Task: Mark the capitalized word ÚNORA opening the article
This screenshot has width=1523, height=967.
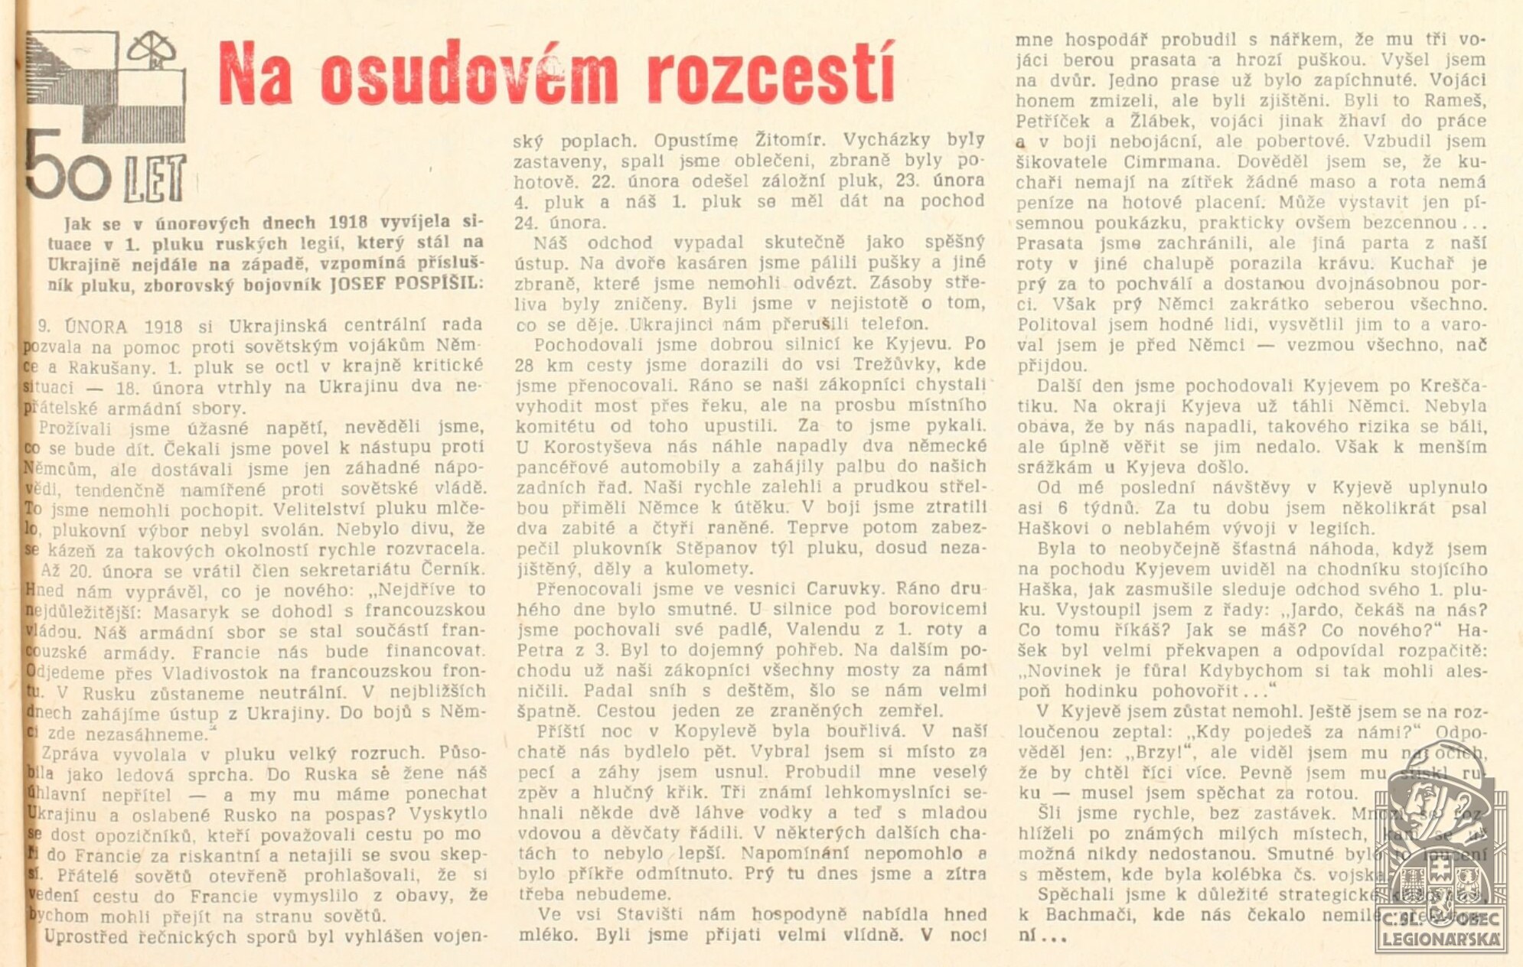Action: pos(96,327)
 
